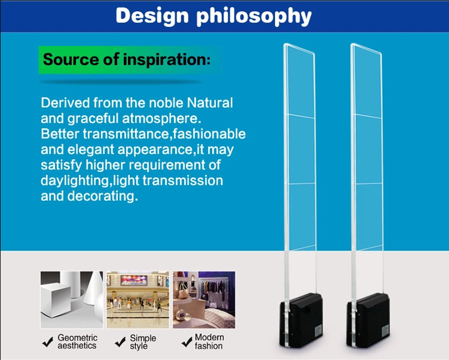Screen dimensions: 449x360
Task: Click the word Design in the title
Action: point(152,16)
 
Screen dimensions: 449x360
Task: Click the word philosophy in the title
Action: point(254,16)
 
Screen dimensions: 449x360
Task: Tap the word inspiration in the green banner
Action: point(167,59)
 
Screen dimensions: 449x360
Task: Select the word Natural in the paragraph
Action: point(210,103)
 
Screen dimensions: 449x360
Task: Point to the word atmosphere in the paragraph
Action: point(162,118)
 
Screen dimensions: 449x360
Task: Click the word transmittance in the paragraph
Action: point(127,134)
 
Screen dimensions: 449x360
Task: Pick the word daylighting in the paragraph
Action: point(76,181)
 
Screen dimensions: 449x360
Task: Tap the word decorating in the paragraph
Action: point(103,196)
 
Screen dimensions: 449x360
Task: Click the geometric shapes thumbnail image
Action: point(72,299)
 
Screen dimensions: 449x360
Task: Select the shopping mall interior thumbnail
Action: point(138,299)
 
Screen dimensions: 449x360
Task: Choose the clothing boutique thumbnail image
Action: point(204,299)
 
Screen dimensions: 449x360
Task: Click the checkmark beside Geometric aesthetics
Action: point(48,341)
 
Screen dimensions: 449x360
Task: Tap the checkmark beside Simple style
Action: point(120,341)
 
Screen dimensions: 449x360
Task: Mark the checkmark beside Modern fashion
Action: point(187,341)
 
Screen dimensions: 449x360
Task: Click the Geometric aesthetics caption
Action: point(77,341)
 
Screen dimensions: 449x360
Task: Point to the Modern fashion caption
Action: point(209,341)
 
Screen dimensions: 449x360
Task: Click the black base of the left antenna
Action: point(301,320)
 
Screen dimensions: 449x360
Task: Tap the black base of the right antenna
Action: point(368,320)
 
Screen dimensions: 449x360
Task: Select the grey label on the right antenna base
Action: point(386,330)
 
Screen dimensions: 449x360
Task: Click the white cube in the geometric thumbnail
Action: point(56,299)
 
